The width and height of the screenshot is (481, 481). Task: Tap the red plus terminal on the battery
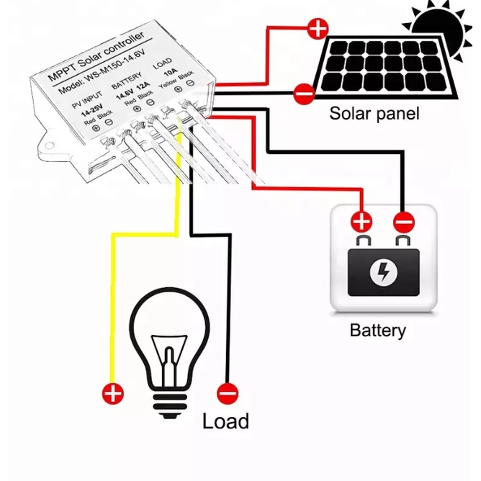[x=361, y=220]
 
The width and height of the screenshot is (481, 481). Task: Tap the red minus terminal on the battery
[x=404, y=220]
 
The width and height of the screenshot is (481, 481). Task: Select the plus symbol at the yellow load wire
[x=113, y=393]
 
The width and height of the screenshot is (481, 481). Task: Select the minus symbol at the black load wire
[x=228, y=393]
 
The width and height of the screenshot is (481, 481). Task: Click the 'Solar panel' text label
[x=374, y=113]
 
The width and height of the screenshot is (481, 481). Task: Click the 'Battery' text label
[x=377, y=331]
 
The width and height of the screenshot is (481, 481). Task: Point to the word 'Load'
[x=225, y=421]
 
